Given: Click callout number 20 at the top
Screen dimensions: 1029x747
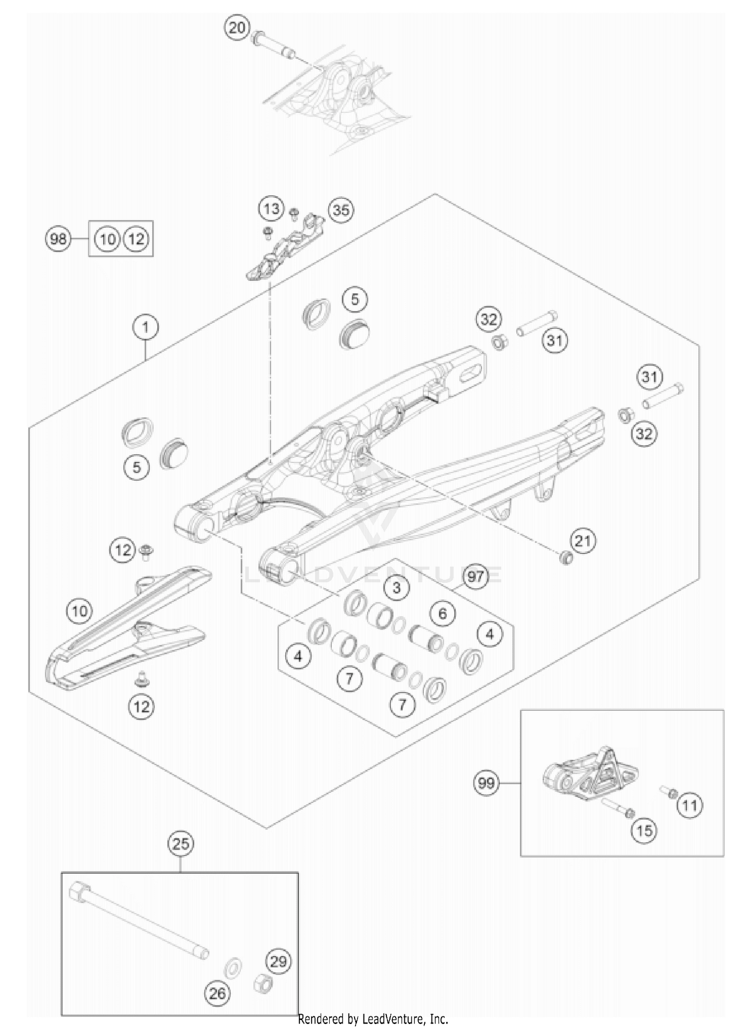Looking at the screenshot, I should [237, 27].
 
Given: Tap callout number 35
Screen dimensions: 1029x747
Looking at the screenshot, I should [341, 210].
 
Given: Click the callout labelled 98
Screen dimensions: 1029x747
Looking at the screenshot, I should [58, 239].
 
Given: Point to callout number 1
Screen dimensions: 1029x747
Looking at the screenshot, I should [145, 327].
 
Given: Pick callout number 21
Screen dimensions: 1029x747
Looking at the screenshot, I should [583, 541].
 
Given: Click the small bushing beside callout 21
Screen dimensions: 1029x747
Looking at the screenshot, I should [566, 558].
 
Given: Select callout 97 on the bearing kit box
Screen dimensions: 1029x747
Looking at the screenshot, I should [476, 577].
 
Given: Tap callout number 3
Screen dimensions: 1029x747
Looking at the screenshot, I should [396, 588].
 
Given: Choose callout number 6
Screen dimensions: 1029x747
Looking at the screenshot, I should [443, 613].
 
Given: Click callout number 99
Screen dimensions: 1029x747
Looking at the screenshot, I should [486, 783].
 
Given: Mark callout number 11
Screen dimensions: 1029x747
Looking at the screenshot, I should [690, 805].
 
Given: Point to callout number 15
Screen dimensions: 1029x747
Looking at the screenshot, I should [644, 830].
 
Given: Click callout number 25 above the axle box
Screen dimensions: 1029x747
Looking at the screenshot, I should [181, 844].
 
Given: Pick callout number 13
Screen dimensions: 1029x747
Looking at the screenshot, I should [271, 208].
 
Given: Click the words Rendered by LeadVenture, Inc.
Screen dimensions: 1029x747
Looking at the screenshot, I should [373, 1019].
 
